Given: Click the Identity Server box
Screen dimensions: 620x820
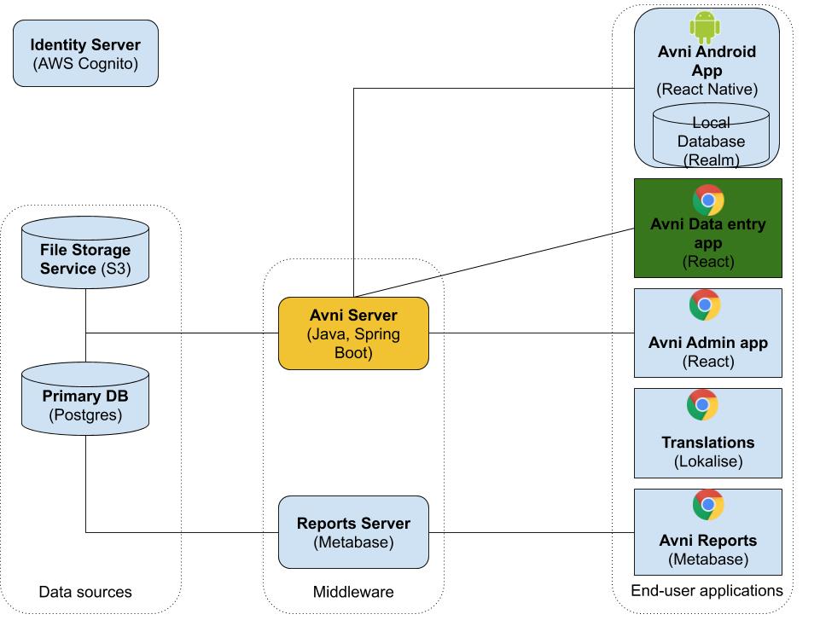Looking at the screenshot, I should [85, 55].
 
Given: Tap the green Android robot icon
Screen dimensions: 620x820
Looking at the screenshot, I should [704, 28].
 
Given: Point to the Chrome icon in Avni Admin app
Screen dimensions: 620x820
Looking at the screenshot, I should [705, 305].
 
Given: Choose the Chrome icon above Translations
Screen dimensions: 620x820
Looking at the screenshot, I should [702, 405].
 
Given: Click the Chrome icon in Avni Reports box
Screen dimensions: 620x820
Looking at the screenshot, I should [707, 505].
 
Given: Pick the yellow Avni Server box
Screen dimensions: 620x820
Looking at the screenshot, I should [353, 333].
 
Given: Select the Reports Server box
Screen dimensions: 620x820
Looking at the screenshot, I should [353, 532].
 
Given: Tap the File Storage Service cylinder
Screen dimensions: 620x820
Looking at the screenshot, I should [85, 252].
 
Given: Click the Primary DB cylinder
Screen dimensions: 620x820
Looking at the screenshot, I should [85, 396].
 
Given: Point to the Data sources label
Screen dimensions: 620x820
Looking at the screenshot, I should [85, 591].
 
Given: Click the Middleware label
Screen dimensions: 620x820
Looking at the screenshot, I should [353, 591].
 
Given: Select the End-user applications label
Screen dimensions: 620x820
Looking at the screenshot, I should [707, 589].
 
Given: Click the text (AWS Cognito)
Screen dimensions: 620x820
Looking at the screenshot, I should [85, 64].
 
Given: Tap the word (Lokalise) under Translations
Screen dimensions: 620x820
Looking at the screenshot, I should [707, 461].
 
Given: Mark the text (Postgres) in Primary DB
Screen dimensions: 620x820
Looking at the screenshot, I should [85, 416].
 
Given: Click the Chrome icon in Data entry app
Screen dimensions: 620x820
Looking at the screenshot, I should [708, 200].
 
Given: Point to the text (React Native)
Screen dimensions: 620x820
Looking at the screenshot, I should [707, 89].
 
